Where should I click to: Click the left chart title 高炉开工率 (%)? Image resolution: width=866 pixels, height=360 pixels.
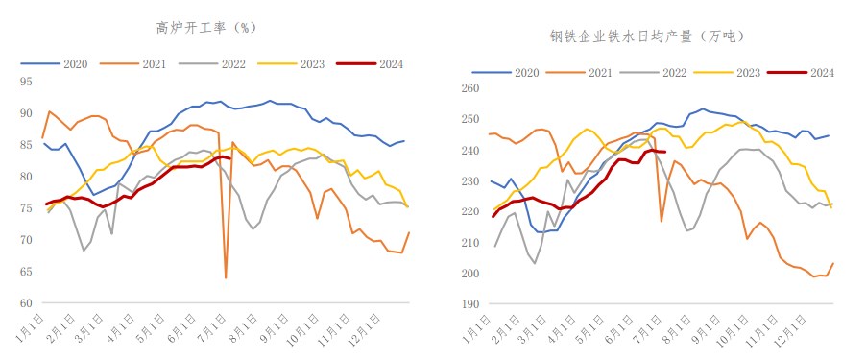(x=206, y=27)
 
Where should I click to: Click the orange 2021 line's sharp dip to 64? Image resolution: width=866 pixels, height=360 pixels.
(x=226, y=277)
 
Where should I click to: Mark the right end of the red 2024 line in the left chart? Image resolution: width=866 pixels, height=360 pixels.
(x=230, y=158)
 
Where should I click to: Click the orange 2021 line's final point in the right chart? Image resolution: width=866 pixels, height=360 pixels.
(x=832, y=263)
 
